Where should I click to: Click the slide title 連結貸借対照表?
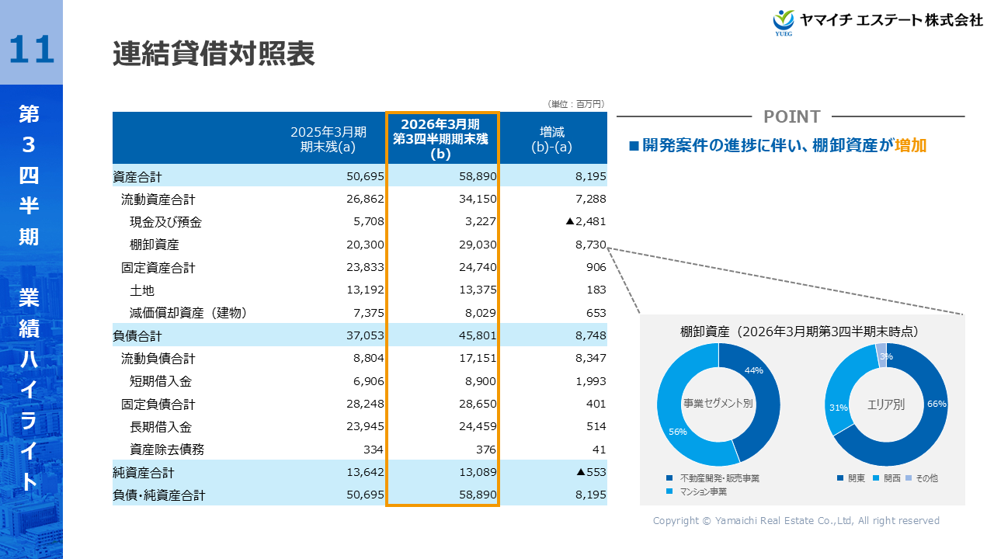(x=213, y=54)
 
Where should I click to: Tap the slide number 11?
(x=32, y=50)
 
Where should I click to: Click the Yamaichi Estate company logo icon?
(x=784, y=21)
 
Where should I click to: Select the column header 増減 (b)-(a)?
(x=551, y=138)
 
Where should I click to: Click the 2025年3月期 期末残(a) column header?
(x=328, y=138)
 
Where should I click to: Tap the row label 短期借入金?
(x=160, y=381)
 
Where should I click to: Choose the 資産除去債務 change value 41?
(x=598, y=450)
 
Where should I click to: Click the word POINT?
(x=791, y=116)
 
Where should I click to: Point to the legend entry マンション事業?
(x=703, y=491)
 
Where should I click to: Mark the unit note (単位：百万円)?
(x=575, y=104)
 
